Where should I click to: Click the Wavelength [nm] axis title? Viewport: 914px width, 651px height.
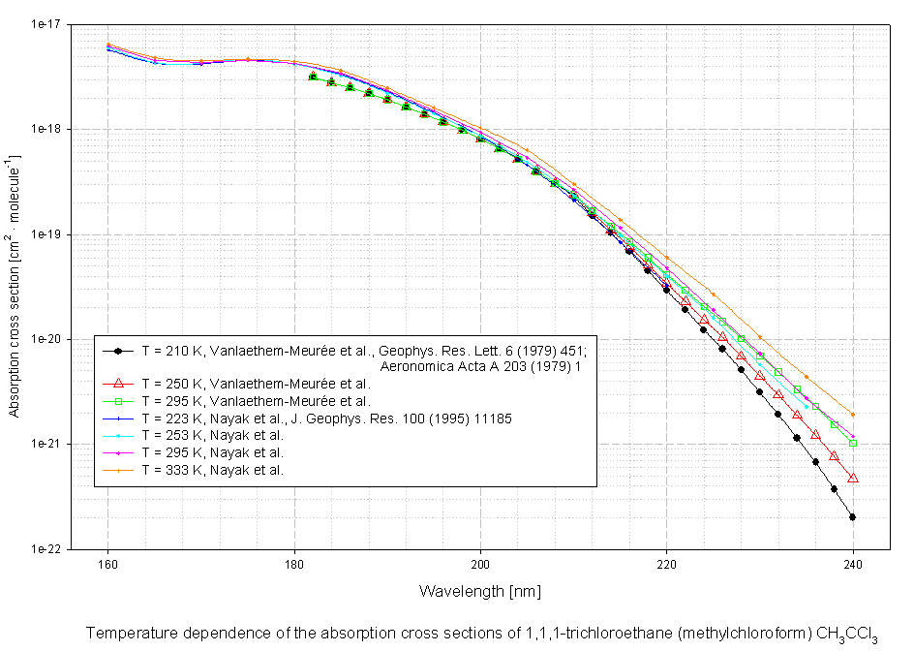479,590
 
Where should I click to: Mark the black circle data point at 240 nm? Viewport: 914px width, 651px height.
853,517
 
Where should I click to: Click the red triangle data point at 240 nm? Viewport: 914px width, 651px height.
853,478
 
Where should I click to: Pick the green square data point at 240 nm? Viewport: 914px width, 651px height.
853,443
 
